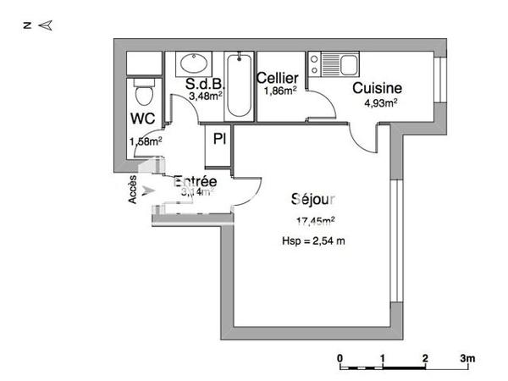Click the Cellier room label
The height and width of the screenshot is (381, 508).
278,78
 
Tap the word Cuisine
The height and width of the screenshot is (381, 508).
376,88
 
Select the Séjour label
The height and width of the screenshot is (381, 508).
313,201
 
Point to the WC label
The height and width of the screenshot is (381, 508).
141,119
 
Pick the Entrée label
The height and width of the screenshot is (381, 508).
196,182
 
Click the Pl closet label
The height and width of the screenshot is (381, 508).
219,139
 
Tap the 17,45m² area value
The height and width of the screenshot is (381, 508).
315,222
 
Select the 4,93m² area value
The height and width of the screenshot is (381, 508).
380,103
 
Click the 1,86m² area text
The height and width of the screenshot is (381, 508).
279,91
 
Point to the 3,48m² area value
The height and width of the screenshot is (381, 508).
205,97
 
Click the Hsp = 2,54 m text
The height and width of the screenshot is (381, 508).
315,241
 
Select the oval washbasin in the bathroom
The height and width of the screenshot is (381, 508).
192,63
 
